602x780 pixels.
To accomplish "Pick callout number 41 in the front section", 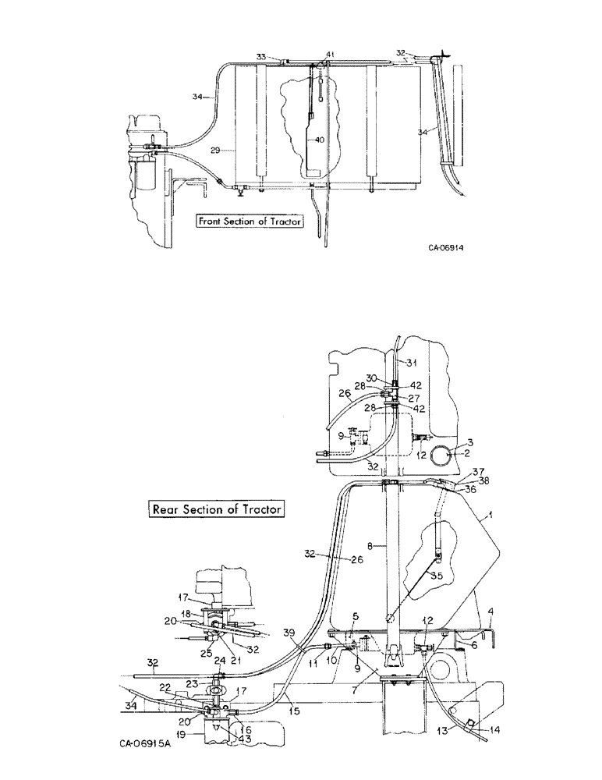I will (330, 54).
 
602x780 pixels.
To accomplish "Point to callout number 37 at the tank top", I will (477, 471).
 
